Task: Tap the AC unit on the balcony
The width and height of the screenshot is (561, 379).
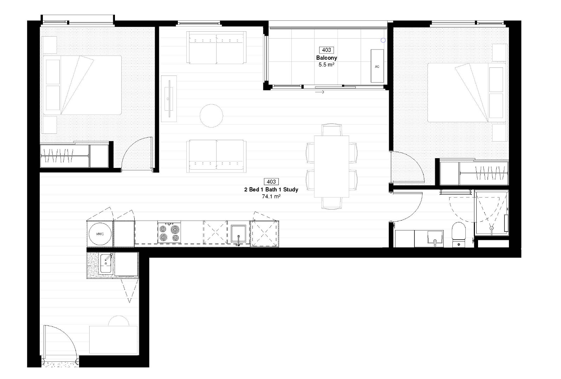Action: coord(377,66)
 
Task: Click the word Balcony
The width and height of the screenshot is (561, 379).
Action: coord(327,58)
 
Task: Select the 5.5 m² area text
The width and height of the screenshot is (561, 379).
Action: coord(327,65)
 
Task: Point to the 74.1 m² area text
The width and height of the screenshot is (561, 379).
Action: coord(271,197)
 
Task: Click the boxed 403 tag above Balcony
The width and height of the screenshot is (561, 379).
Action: coord(327,50)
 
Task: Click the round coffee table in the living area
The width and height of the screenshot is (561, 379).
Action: coord(211,116)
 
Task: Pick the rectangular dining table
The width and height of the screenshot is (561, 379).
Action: coord(331,166)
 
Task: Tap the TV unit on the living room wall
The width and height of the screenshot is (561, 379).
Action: coord(169,99)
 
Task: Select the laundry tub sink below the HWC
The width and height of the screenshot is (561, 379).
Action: coord(106,263)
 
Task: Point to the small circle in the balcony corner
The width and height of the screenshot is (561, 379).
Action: coord(383,40)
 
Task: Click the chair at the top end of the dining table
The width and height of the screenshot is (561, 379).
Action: coord(331,129)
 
